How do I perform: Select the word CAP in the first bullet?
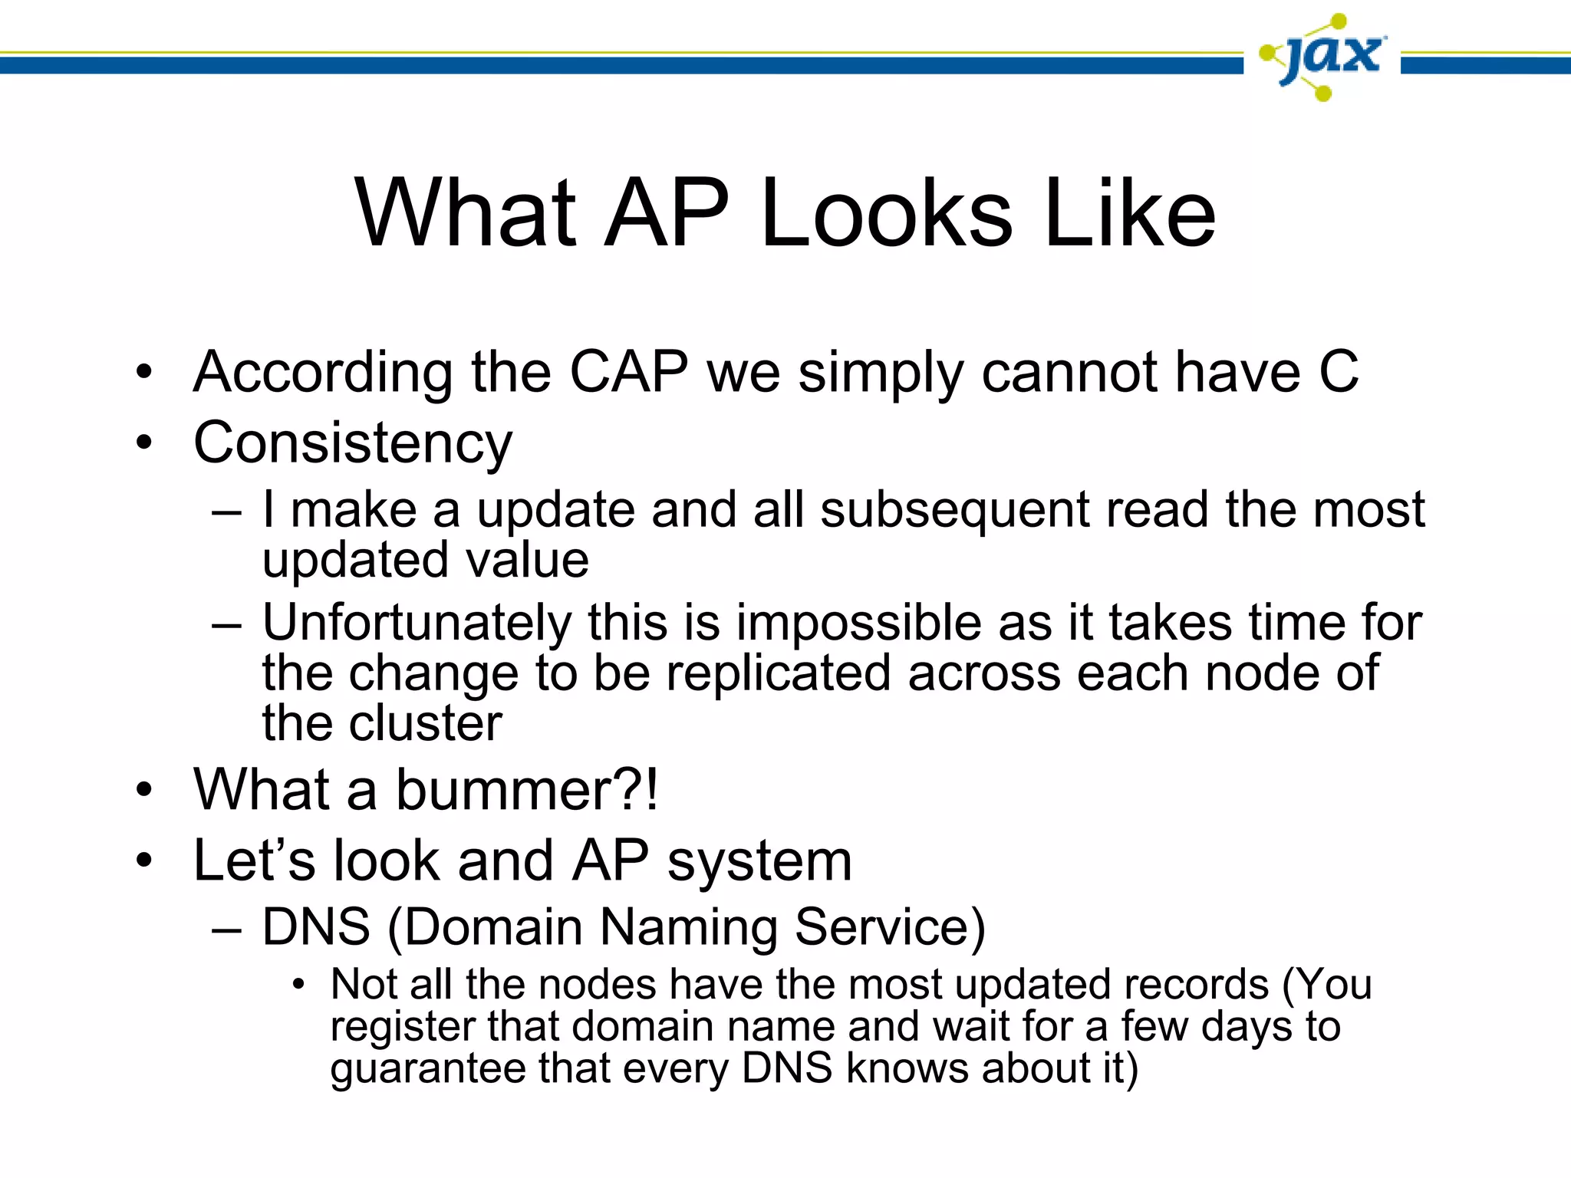tap(628, 373)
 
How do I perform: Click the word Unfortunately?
tap(416, 623)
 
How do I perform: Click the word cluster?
tap(426, 723)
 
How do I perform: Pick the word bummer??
tap(526, 790)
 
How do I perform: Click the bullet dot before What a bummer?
tap(144, 791)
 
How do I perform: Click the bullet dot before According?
tap(144, 373)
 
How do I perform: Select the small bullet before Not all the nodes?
tap(298, 986)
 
